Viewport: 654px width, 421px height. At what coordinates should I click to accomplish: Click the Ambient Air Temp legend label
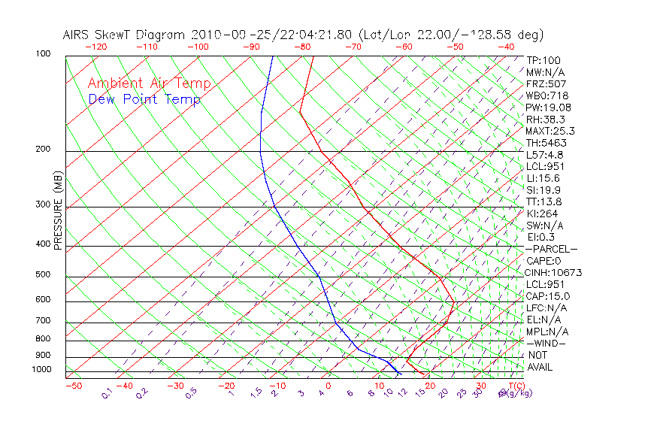(149, 83)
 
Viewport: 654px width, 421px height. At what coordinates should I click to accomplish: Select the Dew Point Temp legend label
(144, 99)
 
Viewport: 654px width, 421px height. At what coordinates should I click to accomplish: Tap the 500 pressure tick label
(43, 275)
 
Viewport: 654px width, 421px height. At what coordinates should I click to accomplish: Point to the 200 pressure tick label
(43, 150)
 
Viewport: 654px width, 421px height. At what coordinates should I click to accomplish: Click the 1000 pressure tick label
(41, 370)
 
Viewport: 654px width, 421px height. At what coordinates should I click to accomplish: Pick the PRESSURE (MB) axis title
(58, 211)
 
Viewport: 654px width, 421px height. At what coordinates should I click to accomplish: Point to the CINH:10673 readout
(554, 273)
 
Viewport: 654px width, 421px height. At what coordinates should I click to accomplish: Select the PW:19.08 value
(549, 108)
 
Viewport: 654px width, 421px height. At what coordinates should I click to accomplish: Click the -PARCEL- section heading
(552, 249)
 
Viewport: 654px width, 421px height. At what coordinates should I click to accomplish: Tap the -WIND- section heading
(547, 343)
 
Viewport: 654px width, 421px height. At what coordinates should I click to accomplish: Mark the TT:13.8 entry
(544, 201)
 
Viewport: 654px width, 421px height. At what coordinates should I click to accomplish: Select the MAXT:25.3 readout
(551, 131)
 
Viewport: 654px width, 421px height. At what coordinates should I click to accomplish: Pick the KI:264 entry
(541, 214)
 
